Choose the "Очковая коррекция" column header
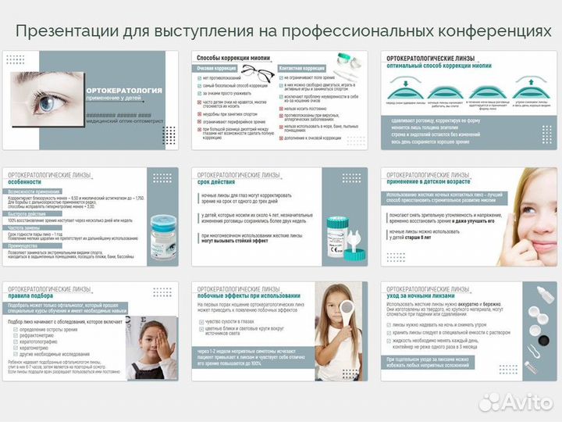218,68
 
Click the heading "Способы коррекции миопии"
235,59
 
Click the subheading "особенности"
27,183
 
